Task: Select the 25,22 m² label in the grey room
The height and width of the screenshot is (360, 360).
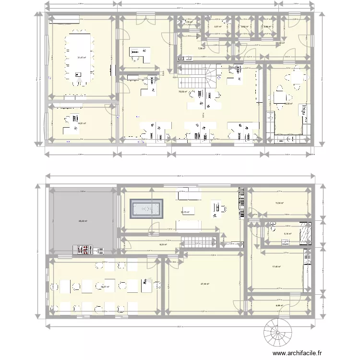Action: point(82,221)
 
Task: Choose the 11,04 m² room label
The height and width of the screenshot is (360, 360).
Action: point(279,204)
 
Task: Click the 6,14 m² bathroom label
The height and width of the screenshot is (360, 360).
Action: point(288,234)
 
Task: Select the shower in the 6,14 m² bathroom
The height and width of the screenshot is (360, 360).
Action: point(305,232)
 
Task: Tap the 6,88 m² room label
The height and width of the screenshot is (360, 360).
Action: point(279,306)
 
